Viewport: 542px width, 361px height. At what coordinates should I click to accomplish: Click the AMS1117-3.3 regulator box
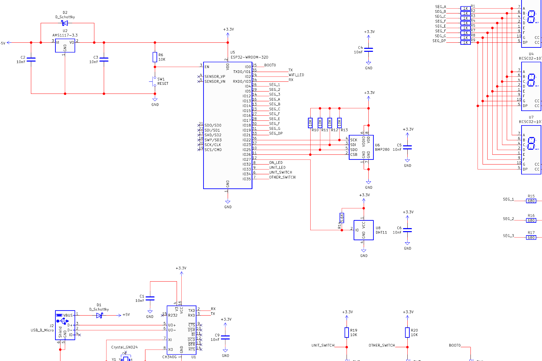pyautogui.click(x=65, y=46)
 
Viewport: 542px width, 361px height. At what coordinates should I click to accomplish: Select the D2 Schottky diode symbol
pyautogui.click(x=64, y=23)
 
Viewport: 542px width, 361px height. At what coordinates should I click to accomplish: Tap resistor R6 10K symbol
pyautogui.click(x=155, y=57)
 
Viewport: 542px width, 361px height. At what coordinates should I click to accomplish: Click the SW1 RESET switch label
pyautogui.click(x=163, y=81)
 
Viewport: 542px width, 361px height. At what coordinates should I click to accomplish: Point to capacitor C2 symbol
pyautogui.click(x=31, y=60)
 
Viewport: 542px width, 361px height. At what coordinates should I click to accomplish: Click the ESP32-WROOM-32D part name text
pyautogui.click(x=249, y=57)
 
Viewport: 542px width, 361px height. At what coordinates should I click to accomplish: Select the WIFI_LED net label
pyautogui.click(x=296, y=75)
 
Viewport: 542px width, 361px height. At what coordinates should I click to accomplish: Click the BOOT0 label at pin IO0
pyautogui.click(x=270, y=65)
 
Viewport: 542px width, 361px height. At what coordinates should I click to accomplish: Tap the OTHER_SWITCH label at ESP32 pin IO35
pyautogui.click(x=282, y=177)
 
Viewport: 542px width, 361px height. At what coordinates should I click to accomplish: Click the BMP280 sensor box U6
pyautogui.click(x=361, y=147)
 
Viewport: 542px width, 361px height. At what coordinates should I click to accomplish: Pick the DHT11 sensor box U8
pyautogui.click(x=363, y=230)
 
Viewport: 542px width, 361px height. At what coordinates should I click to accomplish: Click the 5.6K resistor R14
pyautogui.click(x=342, y=218)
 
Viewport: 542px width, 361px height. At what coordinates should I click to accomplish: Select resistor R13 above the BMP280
pyautogui.click(x=340, y=123)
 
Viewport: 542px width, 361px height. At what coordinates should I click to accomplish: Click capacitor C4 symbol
pyautogui.click(x=368, y=50)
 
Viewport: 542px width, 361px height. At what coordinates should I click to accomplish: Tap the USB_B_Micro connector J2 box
pyautogui.click(x=65, y=325)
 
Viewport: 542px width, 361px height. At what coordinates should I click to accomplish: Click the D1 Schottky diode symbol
pyautogui.click(x=99, y=315)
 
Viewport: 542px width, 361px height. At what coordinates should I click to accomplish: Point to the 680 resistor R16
pyautogui.click(x=531, y=220)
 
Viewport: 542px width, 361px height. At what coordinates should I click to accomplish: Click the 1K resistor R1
pyautogui.click(x=465, y=8)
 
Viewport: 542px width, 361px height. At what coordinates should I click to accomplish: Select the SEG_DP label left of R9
pyautogui.click(x=439, y=41)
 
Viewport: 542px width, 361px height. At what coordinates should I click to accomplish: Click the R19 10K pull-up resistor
pyautogui.click(x=347, y=332)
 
